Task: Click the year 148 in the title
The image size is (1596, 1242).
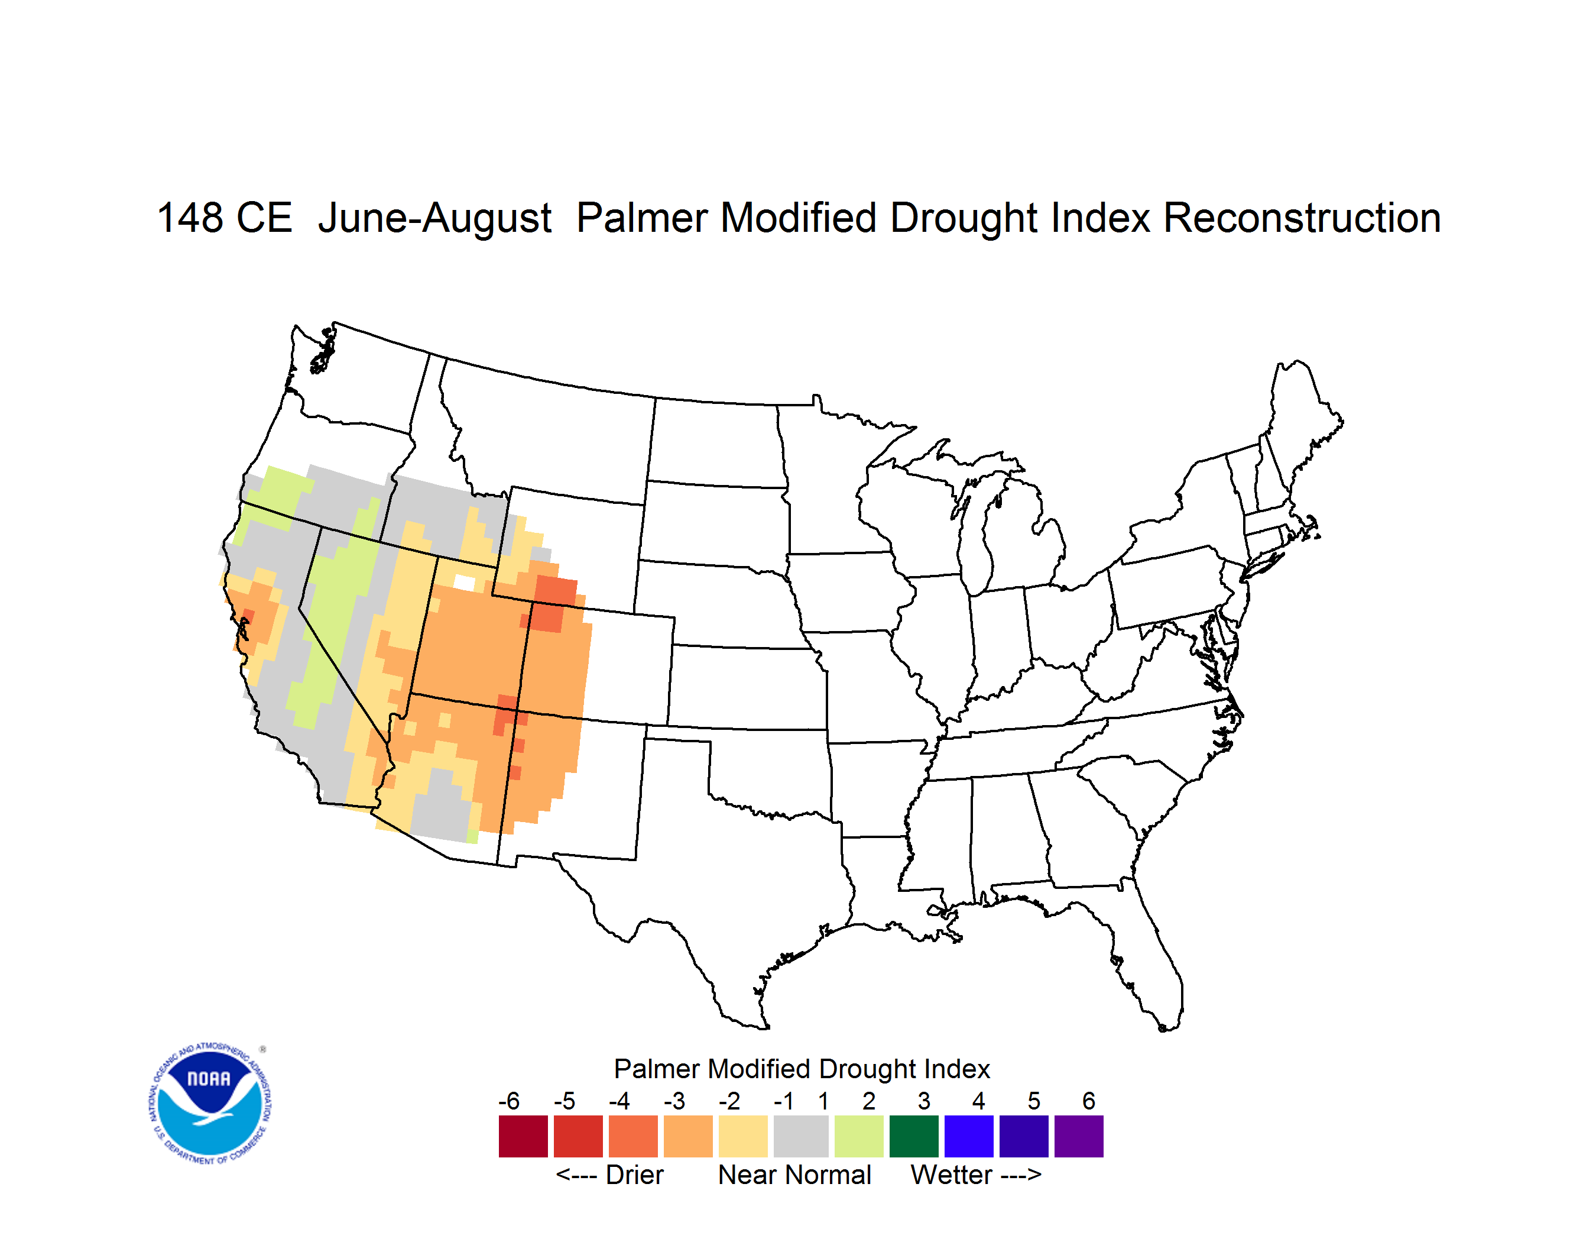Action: [190, 218]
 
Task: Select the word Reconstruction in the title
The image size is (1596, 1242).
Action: [1302, 218]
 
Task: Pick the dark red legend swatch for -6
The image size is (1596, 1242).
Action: [523, 1136]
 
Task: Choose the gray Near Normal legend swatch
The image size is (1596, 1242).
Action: [801, 1136]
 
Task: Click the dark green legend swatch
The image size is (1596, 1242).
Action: [913, 1136]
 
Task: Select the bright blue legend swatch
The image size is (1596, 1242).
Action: [969, 1136]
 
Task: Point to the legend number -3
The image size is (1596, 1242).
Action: [674, 1101]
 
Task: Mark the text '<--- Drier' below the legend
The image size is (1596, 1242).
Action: [609, 1175]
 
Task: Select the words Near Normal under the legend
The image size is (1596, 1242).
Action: [794, 1175]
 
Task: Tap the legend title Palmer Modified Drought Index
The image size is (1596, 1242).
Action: [802, 1069]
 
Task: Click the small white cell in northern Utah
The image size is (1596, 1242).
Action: [465, 583]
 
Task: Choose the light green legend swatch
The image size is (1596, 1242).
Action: [859, 1136]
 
